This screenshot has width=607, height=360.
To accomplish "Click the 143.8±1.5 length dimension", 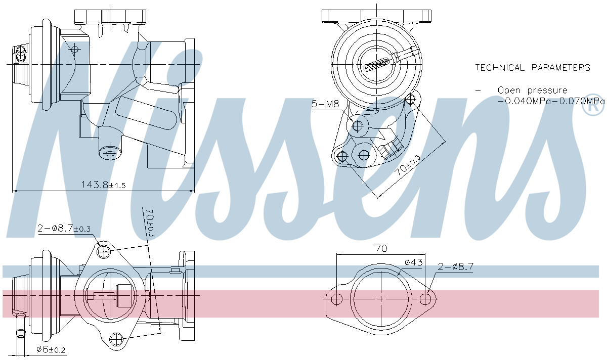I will click(x=103, y=185).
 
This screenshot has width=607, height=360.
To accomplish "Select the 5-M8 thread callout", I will click(x=325, y=104).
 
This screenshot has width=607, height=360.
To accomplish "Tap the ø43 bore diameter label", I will click(x=413, y=262).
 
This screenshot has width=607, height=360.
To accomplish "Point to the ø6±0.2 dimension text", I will click(x=51, y=349).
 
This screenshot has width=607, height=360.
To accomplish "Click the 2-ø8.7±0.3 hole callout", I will click(x=64, y=229).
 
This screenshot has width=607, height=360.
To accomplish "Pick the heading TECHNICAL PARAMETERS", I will click(x=533, y=67).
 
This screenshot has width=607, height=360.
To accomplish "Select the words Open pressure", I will click(x=532, y=91).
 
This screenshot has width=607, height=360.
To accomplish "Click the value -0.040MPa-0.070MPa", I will click(x=550, y=101).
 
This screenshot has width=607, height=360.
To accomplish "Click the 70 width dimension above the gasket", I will click(x=381, y=248).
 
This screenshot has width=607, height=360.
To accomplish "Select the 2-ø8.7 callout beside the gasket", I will click(x=455, y=265).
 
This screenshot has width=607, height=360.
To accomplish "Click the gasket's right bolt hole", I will click(x=426, y=299).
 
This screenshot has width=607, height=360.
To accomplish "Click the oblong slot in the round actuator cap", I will click(x=377, y=64).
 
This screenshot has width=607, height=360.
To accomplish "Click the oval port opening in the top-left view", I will click(x=109, y=151).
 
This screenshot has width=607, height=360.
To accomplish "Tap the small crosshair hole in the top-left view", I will click(x=75, y=49).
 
